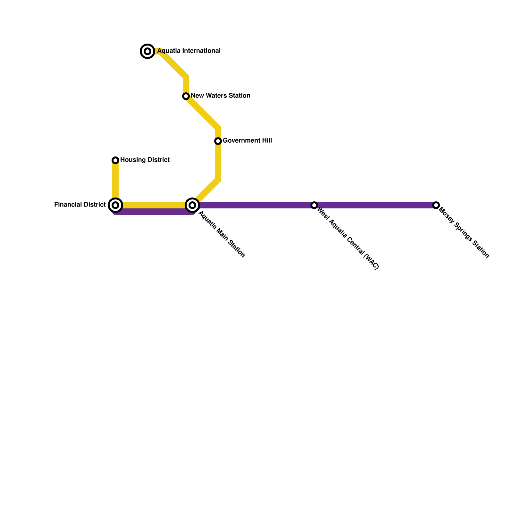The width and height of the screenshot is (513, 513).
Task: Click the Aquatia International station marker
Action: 147,51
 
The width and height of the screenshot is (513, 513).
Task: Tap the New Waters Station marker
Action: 186,96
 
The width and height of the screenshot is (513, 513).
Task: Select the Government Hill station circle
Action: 218,141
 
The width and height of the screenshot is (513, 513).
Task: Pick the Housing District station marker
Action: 115,160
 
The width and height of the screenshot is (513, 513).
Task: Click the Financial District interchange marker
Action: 115,205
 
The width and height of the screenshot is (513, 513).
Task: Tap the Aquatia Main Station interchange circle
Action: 192,205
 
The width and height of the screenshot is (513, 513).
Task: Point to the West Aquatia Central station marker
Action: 314,205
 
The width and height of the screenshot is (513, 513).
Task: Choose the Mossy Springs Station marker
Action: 436,205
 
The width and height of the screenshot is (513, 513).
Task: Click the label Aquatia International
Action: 189,51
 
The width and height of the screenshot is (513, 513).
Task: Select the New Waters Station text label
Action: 220,96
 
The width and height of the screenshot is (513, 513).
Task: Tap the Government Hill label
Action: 247,141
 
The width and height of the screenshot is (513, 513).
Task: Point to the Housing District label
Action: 145,160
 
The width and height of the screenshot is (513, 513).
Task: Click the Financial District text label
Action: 80,205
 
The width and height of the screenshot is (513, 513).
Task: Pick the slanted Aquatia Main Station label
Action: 222,234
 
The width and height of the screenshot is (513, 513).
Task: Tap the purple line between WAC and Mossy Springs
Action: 375,205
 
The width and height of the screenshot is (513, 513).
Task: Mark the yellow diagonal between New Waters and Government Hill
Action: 202,112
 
